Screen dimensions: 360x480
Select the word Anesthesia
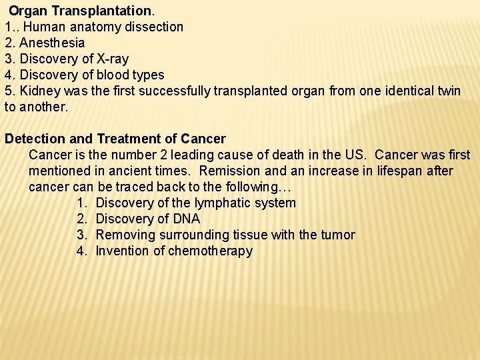(x=53, y=43)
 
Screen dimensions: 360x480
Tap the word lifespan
(x=401, y=171)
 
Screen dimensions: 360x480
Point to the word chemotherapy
(x=211, y=251)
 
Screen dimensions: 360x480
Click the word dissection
(x=157, y=27)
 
